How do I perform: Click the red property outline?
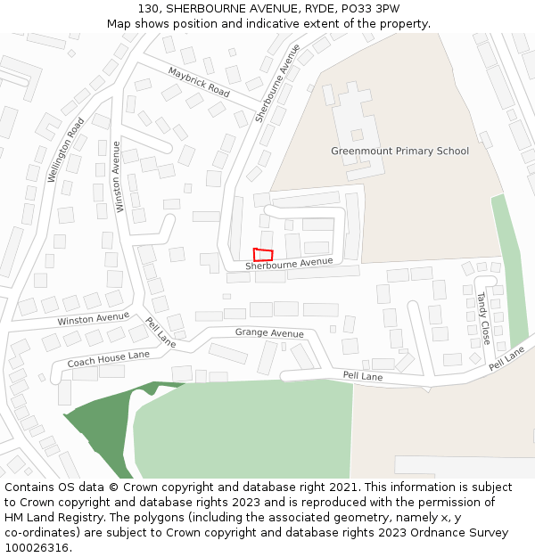click(x=262, y=255)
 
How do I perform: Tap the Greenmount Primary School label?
click(x=399, y=152)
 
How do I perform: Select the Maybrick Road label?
click(x=198, y=82)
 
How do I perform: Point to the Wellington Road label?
click(x=66, y=150)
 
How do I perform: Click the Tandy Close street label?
click(x=482, y=318)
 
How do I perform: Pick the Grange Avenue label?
click(x=269, y=333)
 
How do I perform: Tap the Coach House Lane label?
click(x=108, y=359)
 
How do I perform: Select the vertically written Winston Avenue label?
click(x=117, y=176)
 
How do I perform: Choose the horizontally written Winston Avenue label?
click(x=93, y=318)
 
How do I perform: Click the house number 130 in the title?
click(x=149, y=9)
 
